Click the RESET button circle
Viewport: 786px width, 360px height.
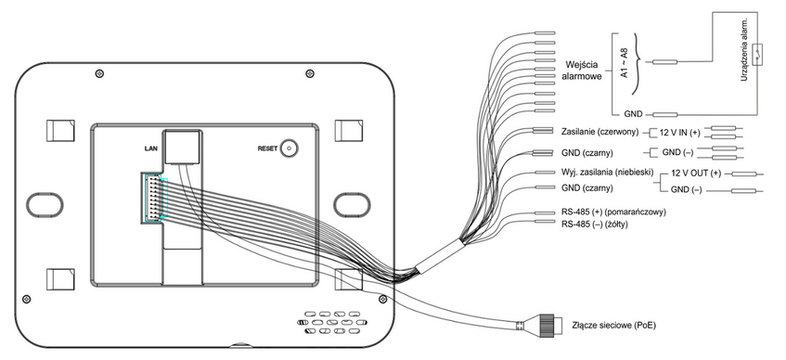(289, 148)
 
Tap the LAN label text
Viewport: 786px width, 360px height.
(151, 148)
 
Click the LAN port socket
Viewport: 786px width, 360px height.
(183, 147)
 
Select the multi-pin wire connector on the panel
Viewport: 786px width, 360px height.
(153, 198)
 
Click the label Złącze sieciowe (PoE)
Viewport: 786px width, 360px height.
(613, 325)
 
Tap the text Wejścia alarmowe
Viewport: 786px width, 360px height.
(583, 71)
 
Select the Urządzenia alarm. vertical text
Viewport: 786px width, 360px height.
(744, 48)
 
